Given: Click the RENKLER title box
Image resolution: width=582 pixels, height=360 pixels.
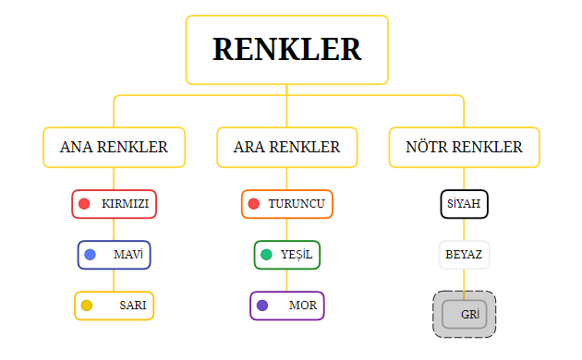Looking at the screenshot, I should point(286,50).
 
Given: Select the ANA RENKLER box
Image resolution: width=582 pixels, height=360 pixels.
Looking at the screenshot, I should point(114,148).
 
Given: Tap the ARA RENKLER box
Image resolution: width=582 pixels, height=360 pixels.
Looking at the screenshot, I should point(286,148).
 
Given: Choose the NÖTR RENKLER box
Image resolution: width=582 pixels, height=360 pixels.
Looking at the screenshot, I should point(464,148).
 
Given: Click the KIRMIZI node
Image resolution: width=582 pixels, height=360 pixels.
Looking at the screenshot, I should point(115,204).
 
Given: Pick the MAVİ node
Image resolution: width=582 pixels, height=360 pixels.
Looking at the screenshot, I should point(114,254).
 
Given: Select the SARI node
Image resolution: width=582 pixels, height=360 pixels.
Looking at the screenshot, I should point(114,306).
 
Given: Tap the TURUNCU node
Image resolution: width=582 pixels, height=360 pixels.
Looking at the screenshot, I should point(286,204).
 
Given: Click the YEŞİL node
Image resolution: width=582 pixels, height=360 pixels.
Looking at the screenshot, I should point(286,254).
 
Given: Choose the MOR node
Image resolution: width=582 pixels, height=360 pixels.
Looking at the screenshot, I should point(286,306).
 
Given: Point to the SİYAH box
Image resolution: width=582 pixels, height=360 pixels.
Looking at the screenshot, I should point(464,204).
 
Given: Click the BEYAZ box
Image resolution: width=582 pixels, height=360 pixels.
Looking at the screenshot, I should point(464,254).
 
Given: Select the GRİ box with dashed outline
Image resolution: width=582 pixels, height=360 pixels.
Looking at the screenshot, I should point(464,314).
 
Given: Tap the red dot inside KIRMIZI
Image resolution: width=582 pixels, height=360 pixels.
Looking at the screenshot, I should point(84,204).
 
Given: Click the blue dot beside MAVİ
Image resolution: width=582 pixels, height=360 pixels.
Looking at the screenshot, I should point(90,254).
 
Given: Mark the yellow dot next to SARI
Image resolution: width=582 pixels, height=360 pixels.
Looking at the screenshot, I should point(87,306).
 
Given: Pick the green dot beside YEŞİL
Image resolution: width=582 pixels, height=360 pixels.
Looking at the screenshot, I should point(266,255).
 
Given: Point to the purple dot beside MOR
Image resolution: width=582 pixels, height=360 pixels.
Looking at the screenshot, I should point(262,306).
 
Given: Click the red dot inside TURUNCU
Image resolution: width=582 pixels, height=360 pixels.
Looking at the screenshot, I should point(254,204).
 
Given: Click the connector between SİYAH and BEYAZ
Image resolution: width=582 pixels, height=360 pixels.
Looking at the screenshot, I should point(464,229).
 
